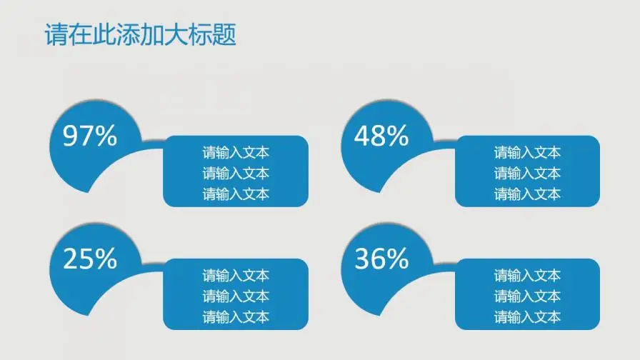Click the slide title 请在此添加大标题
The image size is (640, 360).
pyautogui.click(x=140, y=35)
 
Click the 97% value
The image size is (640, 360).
pyautogui.click(x=90, y=136)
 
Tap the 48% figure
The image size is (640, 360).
pyautogui.click(x=381, y=136)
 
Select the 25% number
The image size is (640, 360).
pyautogui.click(x=90, y=259)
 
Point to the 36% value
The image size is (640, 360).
pyautogui.click(x=381, y=259)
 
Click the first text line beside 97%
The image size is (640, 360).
pyautogui.click(x=236, y=152)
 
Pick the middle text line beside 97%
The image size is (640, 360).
pyautogui.click(x=236, y=173)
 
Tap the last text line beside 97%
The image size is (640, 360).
pyautogui.click(x=236, y=194)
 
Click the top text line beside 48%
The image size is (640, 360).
pyautogui.click(x=527, y=152)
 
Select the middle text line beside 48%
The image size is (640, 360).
pyautogui.click(x=527, y=173)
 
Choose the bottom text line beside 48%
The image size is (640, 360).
pyautogui.click(x=527, y=194)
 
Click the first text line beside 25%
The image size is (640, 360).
pyautogui.click(x=236, y=276)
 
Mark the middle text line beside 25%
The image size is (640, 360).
pyautogui.click(x=236, y=296)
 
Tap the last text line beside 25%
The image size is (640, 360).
pyautogui.click(x=236, y=317)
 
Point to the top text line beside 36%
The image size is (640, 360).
pyautogui.click(x=527, y=276)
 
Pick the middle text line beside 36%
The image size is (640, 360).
pyautogui.click(x=527, y=296)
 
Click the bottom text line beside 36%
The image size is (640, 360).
pyautogui.click(x=527, y=317)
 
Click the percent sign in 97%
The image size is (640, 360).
pyautogui.click(x=106, y=136)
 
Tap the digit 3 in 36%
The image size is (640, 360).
pyautogui.click(x=363, y=259)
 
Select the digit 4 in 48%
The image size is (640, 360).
pyautogui.click(x=363, y=136)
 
